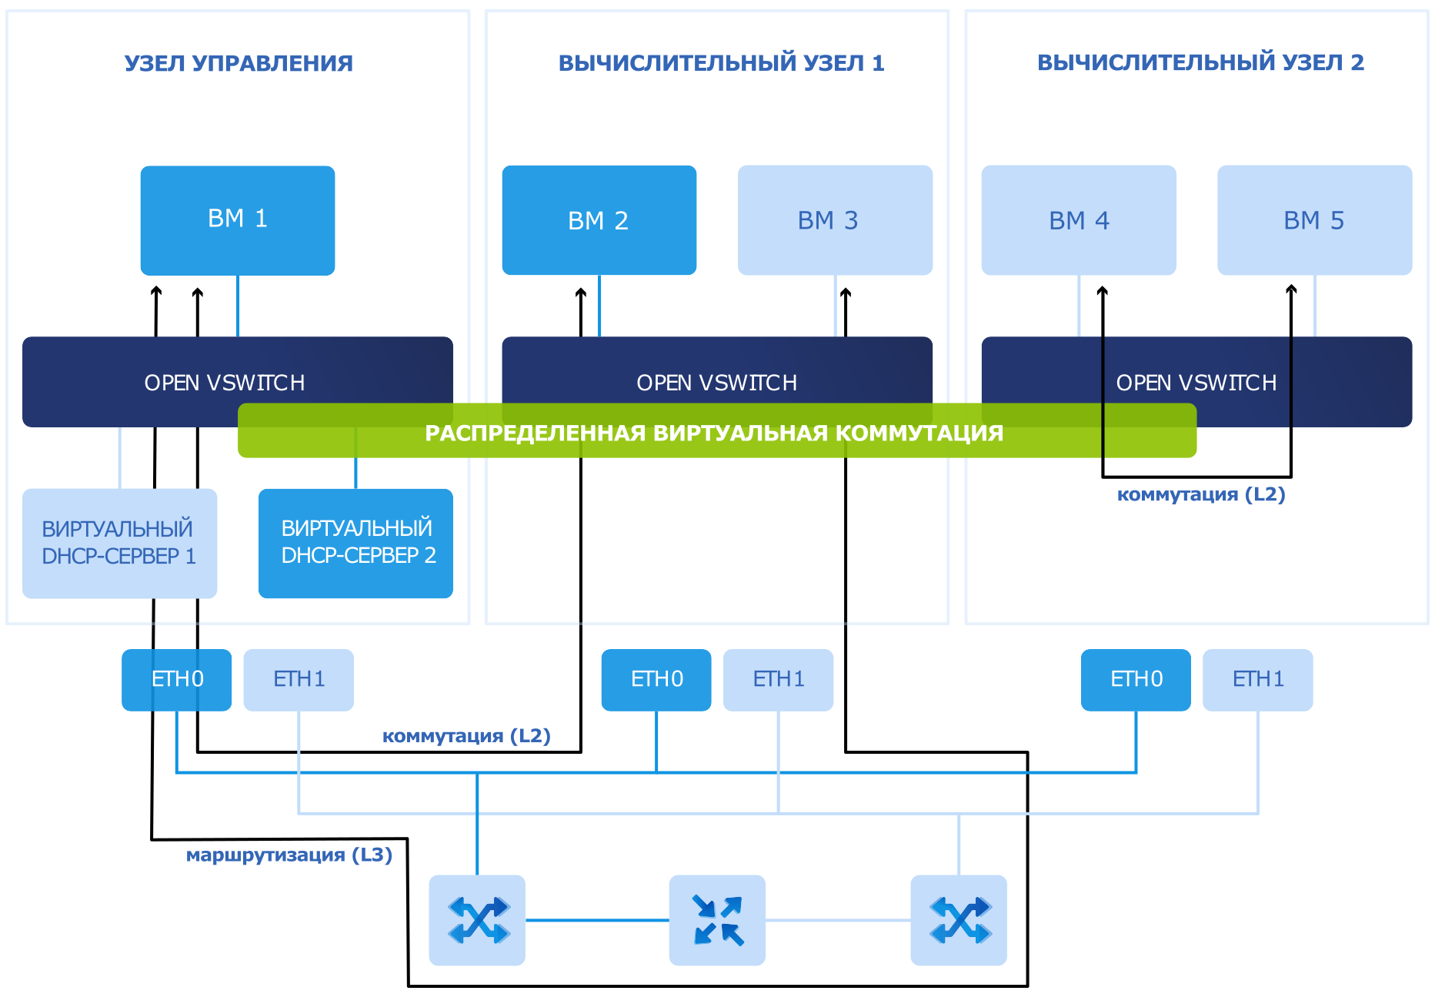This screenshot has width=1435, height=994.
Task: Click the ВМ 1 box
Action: (x=238, y=220)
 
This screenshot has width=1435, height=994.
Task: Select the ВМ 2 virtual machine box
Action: (x=599, y=220)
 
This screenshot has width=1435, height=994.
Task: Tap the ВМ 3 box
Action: (x=835, y=220)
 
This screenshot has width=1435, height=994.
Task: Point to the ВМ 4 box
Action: (x=1079, y=220)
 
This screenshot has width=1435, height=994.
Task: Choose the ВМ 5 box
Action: (x=1315, y=220)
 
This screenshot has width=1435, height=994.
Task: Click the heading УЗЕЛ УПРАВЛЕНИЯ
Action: (x=239, y=63)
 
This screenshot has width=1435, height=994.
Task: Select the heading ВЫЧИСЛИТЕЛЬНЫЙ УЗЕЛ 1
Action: (x=722, y=63)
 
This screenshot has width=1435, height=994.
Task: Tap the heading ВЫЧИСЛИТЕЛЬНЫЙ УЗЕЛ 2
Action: (x=1200, y=62)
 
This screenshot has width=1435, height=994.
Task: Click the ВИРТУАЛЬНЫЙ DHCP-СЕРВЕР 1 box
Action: (x=120, y=544)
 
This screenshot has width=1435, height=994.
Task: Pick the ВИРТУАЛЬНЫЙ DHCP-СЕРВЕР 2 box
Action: (x=355, y=544)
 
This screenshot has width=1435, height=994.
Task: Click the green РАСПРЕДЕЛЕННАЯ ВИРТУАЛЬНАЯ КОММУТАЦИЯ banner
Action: (x=717, y=431)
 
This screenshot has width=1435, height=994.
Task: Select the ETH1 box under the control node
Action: (x=299, y=680)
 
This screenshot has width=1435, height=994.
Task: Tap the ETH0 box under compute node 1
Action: (x=656, y=680)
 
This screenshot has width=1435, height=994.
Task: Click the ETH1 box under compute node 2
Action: (x=1258, y=680)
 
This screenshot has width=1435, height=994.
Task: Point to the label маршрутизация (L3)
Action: (x=289, y=855)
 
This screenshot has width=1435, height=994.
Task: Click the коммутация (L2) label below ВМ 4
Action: (x=1201, y=494)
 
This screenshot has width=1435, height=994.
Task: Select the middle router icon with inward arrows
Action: (x=717, y=920)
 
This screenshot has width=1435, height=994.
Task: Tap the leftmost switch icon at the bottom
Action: (x=477, y=920)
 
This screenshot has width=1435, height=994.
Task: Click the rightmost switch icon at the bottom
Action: (x=959, y=920)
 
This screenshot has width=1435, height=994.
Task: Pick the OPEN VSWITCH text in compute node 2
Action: (x=1196, y=383)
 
